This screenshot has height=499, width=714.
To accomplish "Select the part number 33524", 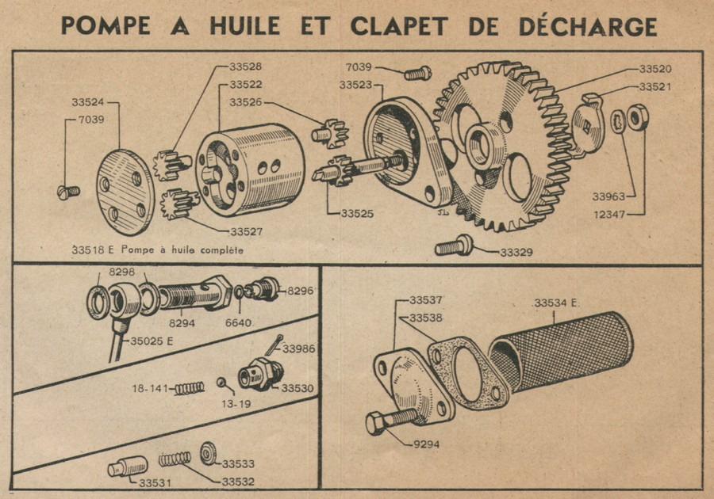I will pos(88,102).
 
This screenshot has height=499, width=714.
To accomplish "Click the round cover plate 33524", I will pos(125,187).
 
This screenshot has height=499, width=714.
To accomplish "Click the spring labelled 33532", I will pos(175,459).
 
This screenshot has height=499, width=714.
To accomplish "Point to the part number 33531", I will pos(155,482).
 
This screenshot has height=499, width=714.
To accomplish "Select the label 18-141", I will pos(148,388).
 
